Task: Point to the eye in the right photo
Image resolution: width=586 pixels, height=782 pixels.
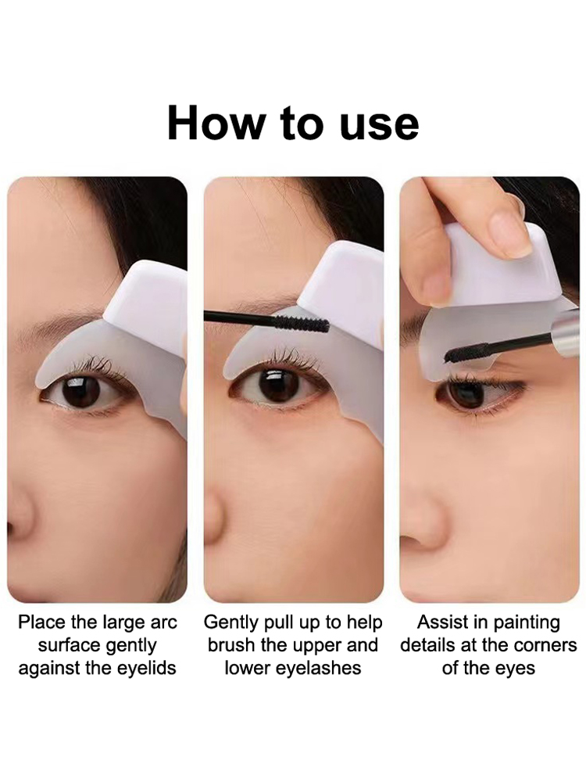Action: click(477, 392)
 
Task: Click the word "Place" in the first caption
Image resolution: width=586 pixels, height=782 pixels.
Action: click(42, 622)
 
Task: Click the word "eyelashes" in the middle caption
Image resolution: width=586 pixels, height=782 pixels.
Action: click(320, 668)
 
